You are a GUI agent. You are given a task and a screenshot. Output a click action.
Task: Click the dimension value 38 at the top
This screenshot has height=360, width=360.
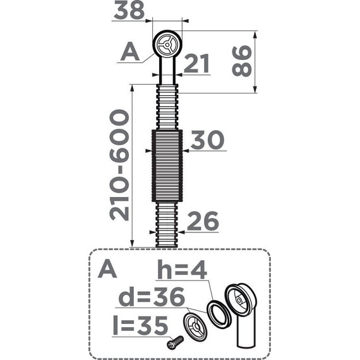pos(129,10)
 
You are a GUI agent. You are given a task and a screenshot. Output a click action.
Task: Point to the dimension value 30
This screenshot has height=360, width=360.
pos(208,140)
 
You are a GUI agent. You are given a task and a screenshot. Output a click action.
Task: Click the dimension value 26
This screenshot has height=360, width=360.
pos(202,221)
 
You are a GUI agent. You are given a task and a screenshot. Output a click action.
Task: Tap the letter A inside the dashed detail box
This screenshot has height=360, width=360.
pos(107,270)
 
